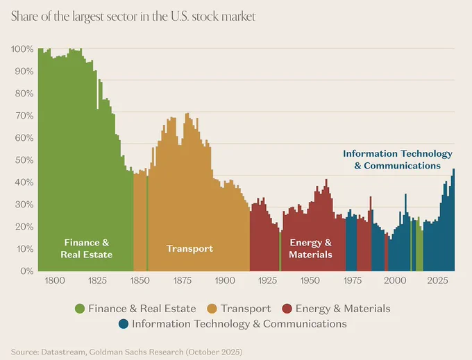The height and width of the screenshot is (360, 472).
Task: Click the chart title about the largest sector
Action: [x=133, y=17]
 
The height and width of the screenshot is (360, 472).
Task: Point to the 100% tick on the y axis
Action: [x=22, y=49]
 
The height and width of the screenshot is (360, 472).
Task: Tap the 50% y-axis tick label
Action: [x=24, y=160]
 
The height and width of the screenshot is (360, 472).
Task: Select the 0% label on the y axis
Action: [x=27, y=271]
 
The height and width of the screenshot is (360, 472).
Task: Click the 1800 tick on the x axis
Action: [x=55, y=281]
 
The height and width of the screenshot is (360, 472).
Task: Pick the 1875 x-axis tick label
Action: [x=183, y=281]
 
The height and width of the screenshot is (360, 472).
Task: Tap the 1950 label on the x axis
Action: [x=310, y=281]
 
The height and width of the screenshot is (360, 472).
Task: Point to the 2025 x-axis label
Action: [x=438, y=281]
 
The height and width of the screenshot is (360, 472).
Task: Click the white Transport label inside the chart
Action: [x=190, y=249]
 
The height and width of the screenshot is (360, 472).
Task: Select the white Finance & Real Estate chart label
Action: [x=87, y=249]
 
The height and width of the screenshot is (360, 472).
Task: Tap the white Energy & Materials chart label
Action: [x=311, y=249]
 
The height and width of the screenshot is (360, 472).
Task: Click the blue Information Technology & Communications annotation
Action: [x=398, y=160]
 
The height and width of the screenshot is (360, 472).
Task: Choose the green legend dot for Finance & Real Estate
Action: [x=80, y=309]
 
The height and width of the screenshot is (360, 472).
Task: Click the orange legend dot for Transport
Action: [x=212, y=309]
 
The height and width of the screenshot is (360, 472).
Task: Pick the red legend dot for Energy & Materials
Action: [x=287, y=309]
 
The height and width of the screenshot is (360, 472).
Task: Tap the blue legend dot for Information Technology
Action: [x=124, y=324]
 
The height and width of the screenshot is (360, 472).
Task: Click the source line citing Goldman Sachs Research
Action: [x=127, y=352]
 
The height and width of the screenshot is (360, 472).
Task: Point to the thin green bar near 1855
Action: [x=147, y=223]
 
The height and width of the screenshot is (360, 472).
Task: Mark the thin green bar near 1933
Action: [x=280, y=251]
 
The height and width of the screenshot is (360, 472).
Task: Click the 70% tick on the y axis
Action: [x=24, y=116]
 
